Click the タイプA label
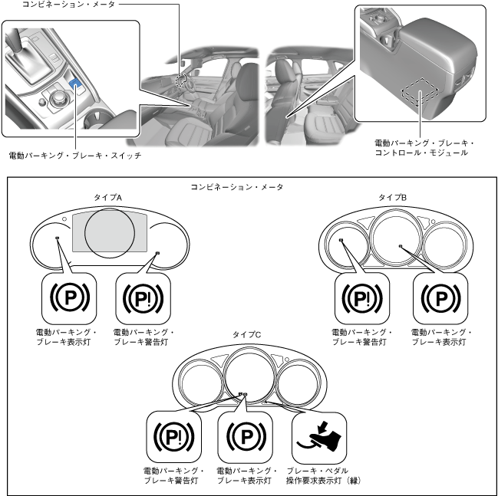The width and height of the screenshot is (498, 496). tap(108, 198)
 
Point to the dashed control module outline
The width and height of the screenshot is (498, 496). tap(420, 92)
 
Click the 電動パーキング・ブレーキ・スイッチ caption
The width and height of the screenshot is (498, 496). tap(74, 156)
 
